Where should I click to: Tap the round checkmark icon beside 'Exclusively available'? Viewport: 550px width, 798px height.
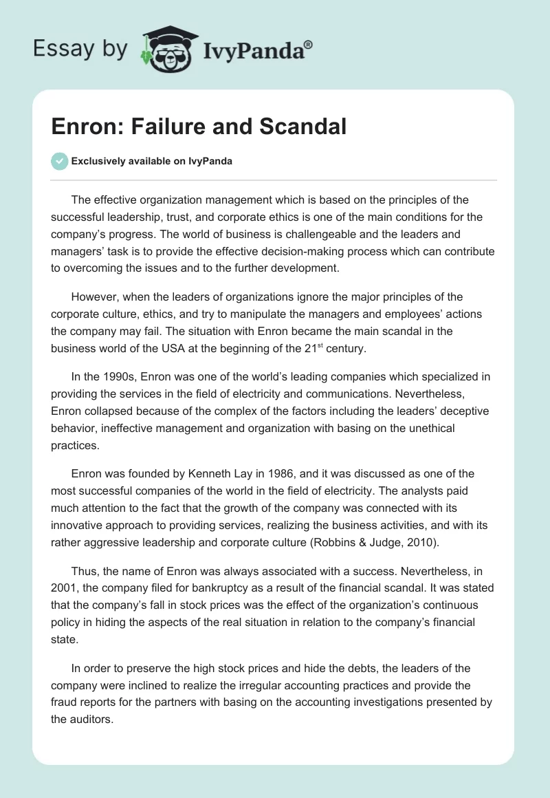(59, 161)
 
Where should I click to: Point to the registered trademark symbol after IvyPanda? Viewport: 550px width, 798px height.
(309, 45)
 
